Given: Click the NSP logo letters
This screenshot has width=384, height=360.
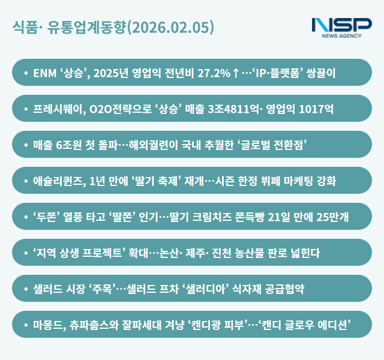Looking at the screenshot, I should pos(341,26).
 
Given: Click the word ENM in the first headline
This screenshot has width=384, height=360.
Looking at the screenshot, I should pos(45,73).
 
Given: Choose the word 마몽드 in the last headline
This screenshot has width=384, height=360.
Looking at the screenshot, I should pos(48,325).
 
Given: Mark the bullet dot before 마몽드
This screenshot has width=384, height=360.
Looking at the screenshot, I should pos(25,325).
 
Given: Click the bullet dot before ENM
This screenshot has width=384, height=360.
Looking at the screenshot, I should pos(25,73).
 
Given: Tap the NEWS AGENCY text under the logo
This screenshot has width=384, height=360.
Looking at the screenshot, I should pos(341,36).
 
